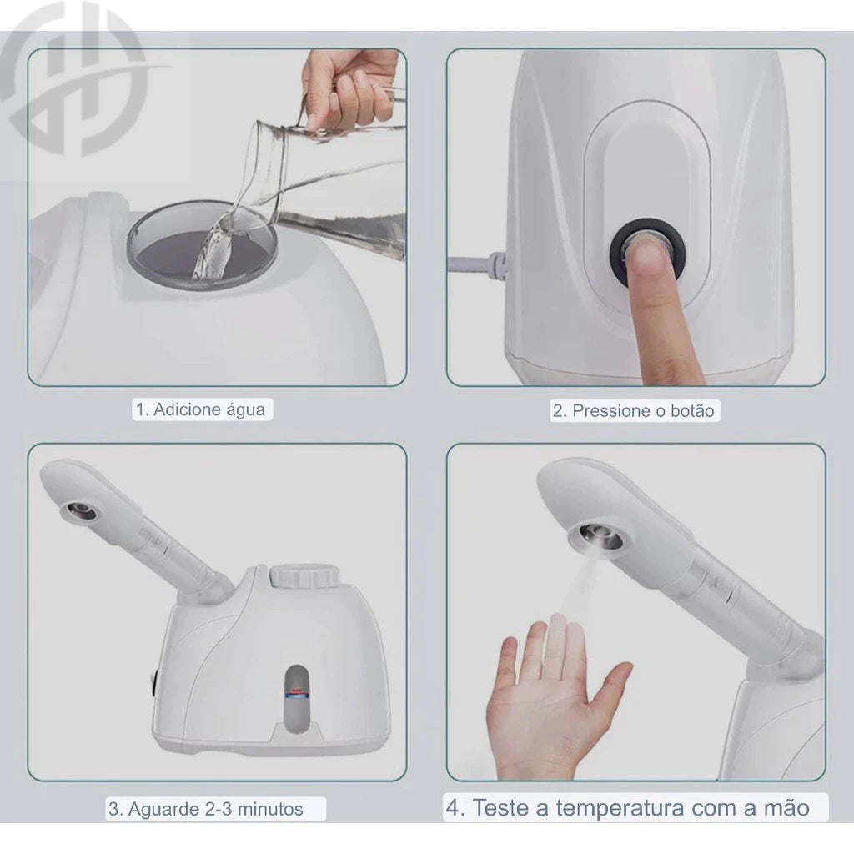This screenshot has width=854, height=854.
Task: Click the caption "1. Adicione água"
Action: pyautogui.click(x=200, y=409)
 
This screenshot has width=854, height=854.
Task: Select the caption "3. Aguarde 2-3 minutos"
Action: pyautogui.click(x=205, y=808)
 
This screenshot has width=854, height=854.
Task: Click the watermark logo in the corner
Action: pyautogui.click(x=71, y=79)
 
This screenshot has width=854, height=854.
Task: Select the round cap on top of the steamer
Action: pyautogui.click(x=304, y=575)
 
